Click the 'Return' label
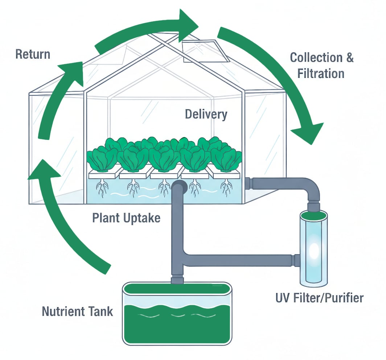[33, 54]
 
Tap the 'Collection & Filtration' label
[321, 65]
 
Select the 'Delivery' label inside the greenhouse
[206, 114]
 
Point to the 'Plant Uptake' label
[126, 218]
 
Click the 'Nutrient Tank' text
[77, 311]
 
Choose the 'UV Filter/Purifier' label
[319, 298]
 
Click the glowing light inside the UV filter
[313, 250]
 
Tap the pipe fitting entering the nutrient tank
[177, 280]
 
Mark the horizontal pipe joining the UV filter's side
[239, 260]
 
